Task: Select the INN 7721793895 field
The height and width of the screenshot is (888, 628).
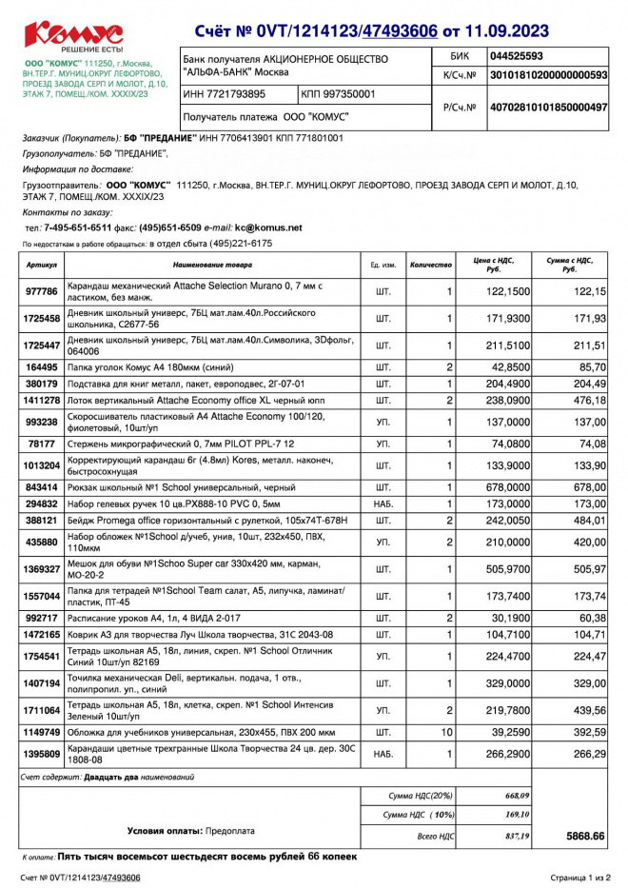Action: pos(225,94)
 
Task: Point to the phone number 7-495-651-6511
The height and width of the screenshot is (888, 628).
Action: pos(78,227)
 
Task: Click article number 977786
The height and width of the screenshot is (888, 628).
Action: pos(42,291)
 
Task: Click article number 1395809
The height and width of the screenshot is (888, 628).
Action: pos(42,754)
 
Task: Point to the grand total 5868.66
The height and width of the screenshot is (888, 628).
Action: pos(585,836)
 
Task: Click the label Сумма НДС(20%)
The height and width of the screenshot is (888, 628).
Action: pos(422,795)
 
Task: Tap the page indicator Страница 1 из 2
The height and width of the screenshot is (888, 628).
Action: pos(580,877)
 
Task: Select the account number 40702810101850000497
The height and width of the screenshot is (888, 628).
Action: pos(547,108)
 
